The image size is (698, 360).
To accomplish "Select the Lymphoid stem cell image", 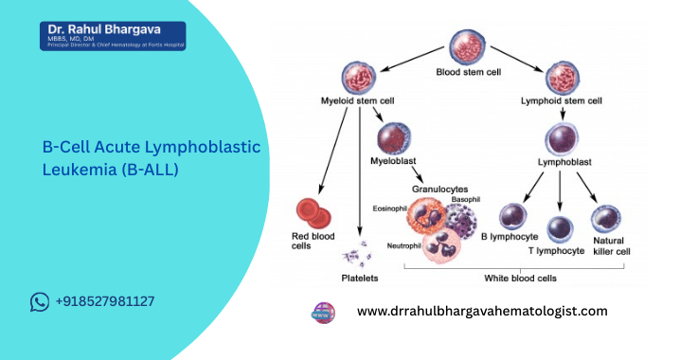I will coord(564,77).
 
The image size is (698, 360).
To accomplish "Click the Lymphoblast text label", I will coord(564,162).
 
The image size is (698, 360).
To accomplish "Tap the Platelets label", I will coord(360,278).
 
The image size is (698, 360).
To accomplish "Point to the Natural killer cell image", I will coord(606,221).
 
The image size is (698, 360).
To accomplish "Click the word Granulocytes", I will coord(440,189).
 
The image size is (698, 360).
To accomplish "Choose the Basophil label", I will coord(467,200).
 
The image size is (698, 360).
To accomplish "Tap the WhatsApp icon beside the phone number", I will coord(40,302).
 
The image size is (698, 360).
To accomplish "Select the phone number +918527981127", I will coord(105,302).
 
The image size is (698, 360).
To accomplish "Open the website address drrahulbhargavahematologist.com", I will coord(481,311).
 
